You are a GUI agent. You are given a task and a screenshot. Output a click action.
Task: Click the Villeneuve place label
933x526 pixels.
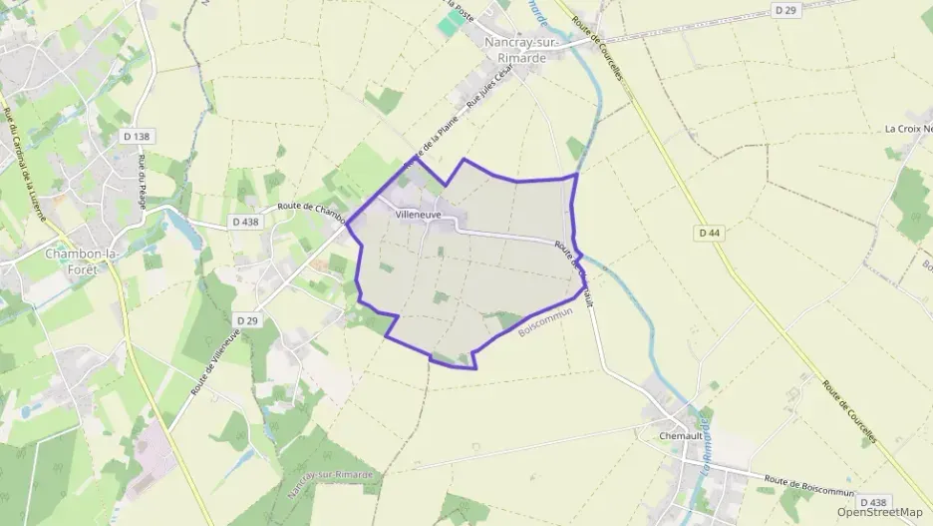[419, 214]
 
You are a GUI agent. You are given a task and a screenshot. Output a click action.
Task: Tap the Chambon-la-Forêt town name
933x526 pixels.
[83, 261]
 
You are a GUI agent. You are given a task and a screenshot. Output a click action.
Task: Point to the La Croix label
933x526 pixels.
[908, 129]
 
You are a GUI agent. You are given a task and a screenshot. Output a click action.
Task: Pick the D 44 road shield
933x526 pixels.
[709, 233]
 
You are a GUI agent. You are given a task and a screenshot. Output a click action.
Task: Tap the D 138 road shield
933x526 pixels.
[141, 136]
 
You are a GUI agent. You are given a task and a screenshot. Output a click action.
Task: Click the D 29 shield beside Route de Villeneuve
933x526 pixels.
[247, 320]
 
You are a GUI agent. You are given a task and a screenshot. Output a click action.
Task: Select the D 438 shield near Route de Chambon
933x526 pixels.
[244, 222]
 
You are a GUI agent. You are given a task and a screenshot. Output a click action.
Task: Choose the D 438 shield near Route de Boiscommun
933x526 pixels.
[871, 502]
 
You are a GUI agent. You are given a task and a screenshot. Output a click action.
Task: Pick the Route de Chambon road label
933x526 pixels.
[311, 209]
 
